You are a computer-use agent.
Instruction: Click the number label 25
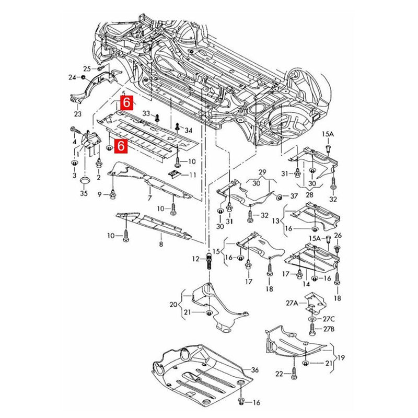click(x=87, y=68)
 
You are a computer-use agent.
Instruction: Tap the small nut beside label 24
click(x=83, y=78)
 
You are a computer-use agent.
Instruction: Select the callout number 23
click(x=78, y=114)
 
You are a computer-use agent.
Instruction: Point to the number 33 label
click(x=146, y=113)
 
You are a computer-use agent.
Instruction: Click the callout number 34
click(x=188, y=130)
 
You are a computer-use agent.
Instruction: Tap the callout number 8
click(x=161, y=244)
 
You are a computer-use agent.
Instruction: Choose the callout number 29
click(x=262, y=172)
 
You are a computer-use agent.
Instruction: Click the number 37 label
click(x=294, y=196)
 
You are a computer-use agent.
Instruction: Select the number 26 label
click(x=338, y=235)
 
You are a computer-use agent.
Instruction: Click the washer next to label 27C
click(x=312, y=318)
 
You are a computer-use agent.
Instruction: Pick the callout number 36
click(x=255, y=370)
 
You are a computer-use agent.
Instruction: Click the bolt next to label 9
click(x=113, y=195)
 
